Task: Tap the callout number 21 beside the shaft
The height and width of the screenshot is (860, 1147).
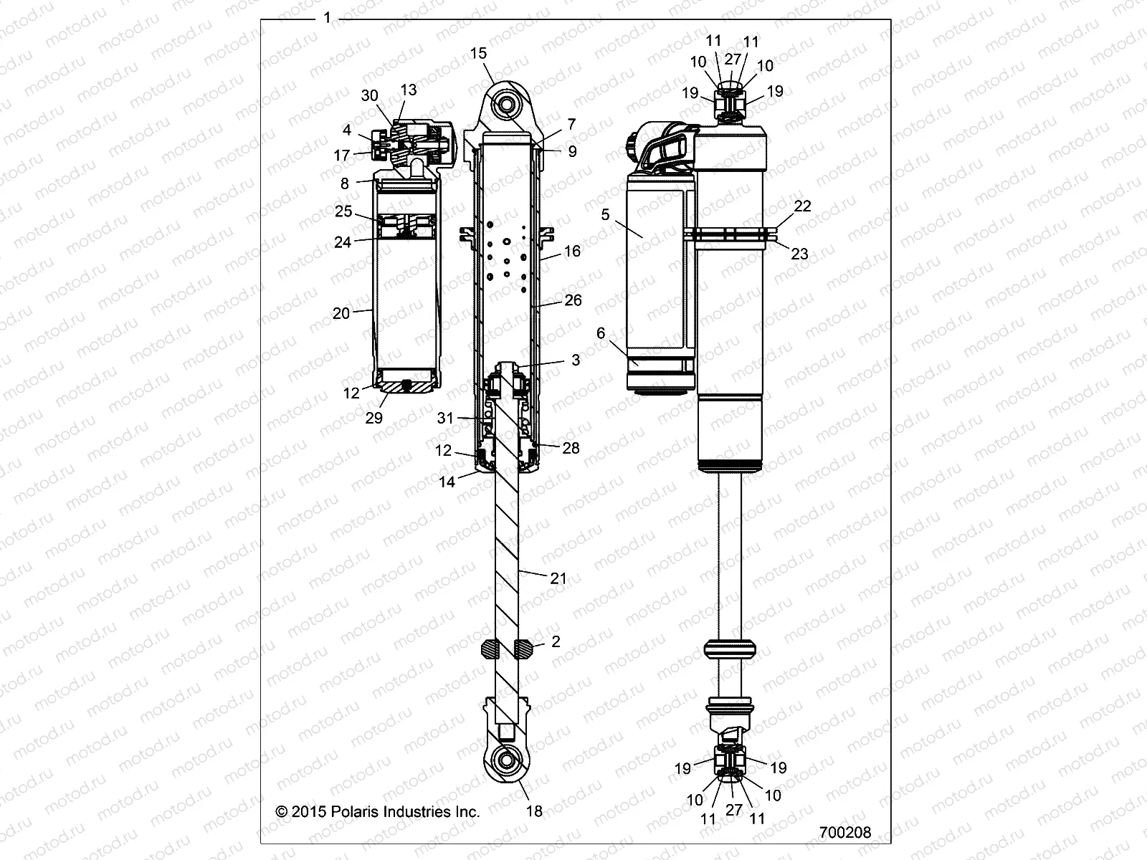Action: click(x=558, y=578)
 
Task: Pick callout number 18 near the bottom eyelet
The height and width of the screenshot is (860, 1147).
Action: click(x=534, y=811)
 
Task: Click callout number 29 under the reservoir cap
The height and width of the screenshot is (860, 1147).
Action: click(x=374, y=418)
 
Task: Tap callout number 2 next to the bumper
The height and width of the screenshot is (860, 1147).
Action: click(x=556, y=641)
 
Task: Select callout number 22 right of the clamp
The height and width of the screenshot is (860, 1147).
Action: click(x=802, y=206)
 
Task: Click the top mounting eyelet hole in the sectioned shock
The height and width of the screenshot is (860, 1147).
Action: click(x=508, y=105)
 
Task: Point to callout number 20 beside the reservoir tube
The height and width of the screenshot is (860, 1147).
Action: click(x=341, y=313)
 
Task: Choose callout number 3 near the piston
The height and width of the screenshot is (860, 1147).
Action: click(x=576, y=360)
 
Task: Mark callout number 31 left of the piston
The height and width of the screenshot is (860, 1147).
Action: click(x=446, y=418)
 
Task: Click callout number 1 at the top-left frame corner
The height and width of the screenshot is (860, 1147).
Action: click(x=328, y=18)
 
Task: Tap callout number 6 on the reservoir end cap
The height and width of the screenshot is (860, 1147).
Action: click(x=601, y=333)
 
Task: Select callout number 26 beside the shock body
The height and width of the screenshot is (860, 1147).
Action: click(x=573, y=300)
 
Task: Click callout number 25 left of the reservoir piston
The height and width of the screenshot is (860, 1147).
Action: click(x=343, y=211)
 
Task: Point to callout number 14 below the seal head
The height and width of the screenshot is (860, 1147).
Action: click(x=447, y=482)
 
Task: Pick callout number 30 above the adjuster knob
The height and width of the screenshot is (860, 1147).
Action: click(x=369, y=96)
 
